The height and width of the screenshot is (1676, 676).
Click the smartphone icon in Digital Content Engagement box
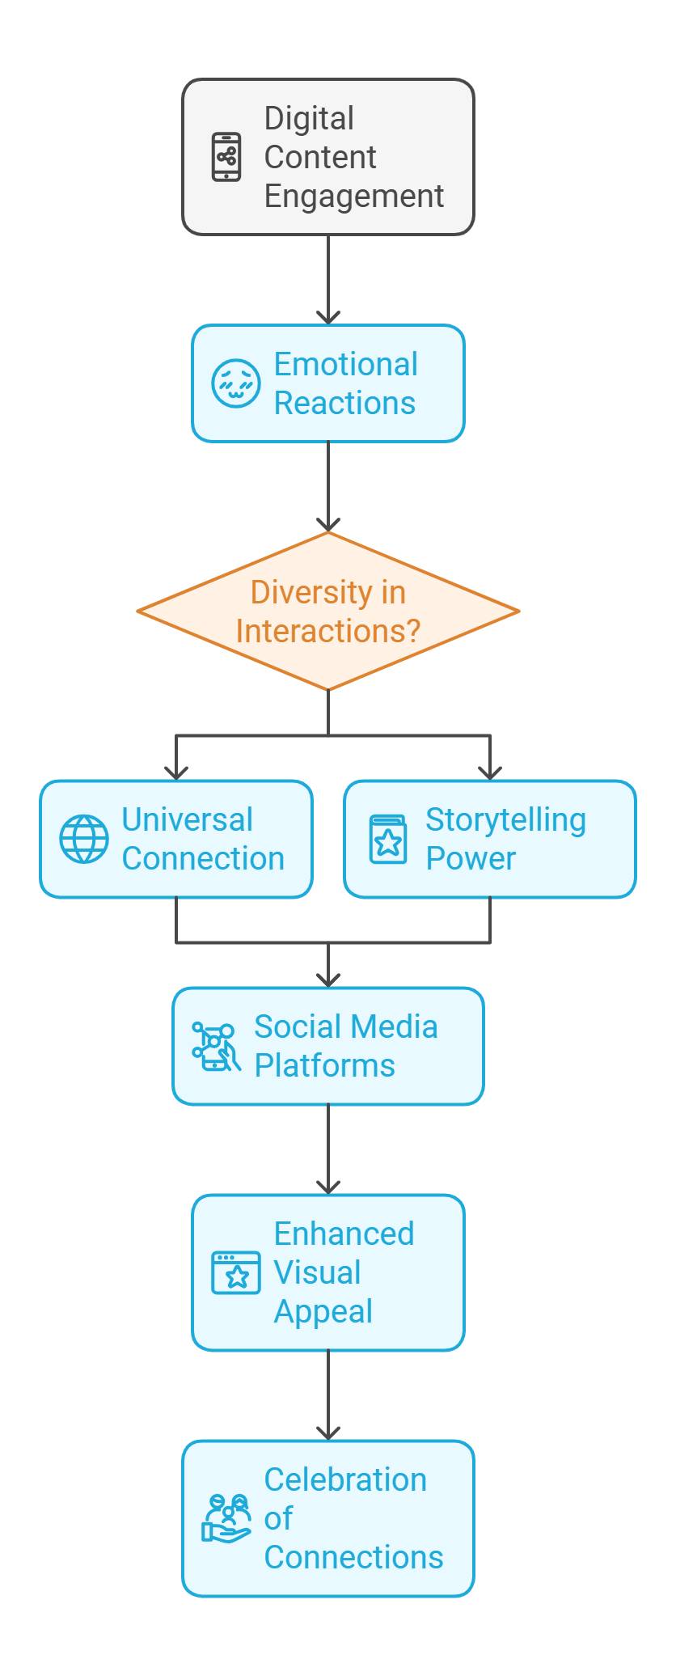[x=226, y=157]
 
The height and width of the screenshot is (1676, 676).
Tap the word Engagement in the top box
[x=353, y=196]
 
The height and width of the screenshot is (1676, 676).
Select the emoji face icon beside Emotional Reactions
[x=235, y=383]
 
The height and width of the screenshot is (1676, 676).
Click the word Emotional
[x=345, y=364]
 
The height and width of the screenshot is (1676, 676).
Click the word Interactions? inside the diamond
[x=327, y=631]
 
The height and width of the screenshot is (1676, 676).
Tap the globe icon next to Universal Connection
[x=84, y=839]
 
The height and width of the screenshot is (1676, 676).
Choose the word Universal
[x=187, y=819]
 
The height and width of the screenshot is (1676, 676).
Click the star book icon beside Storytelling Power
[x=388, y=839]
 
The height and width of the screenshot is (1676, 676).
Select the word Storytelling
[x=505, y=819]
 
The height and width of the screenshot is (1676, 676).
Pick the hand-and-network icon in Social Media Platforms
[x=216, y=1046]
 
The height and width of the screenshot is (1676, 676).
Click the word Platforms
[x=324, y=1065]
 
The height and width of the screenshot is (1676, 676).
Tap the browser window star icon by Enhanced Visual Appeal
[x=235, y=1272]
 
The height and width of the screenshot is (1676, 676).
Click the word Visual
[x=317, y=1272]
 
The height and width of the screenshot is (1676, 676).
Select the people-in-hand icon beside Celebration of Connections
[x=226, y=1518]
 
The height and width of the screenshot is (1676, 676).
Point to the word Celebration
[x=345, y=1479]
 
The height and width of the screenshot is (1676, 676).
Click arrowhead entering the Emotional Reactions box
[x=327, y=317]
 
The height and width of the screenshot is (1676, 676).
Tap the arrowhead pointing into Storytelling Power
[x=490, y=772]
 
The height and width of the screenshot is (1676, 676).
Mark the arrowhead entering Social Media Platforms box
[x=327, y=980]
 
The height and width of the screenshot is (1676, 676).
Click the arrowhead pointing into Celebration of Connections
[x=327, y=1433]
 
